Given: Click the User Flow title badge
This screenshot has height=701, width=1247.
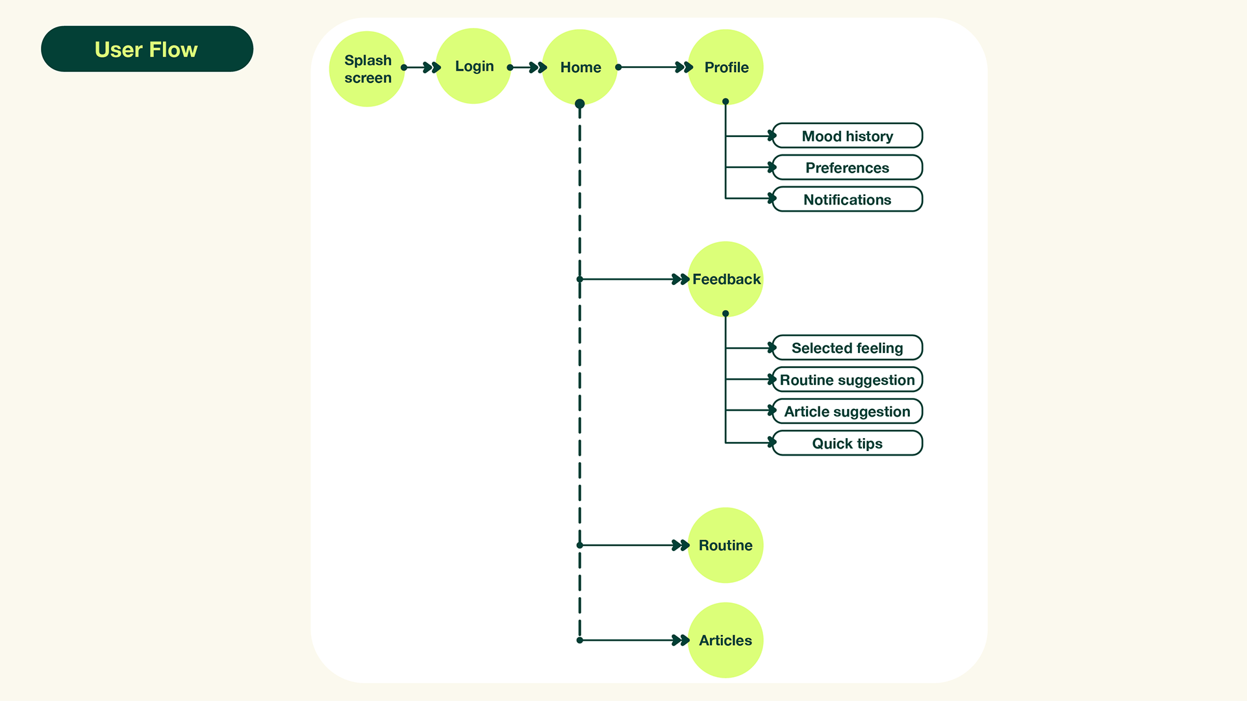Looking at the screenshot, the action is click(x=147, y=49).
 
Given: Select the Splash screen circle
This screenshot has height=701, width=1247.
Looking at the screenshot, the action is click(x=367, y=69).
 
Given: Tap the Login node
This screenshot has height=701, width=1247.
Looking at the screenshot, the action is click(x=473, y=66).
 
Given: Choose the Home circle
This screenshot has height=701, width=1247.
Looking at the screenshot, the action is click(x=580, y=67).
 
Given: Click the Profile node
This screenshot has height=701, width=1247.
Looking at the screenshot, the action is click(x=725, y=67).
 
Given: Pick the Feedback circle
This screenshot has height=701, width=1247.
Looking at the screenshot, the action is click(x=725, y=279).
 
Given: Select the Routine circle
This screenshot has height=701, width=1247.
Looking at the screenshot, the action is click(x=725, y=545).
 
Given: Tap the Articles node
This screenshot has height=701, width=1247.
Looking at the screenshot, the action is click(x=725, y=640).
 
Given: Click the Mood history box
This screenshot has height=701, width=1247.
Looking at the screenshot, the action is click(x=848, y=136).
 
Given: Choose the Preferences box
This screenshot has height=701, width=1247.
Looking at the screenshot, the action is click(x=848, y=167).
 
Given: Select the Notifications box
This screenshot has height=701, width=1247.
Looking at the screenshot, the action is click(x=848, y=199).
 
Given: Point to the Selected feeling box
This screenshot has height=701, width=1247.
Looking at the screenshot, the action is click(x=848, y=348).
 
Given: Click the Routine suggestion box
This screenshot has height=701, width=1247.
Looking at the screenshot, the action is click(x=848, y=380).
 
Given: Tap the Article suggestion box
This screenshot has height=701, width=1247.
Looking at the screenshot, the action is click(x=848, y=412).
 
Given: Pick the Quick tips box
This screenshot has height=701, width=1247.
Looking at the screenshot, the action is click(x=848, y=443).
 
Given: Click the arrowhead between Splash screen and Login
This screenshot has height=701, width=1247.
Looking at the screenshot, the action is click(x=432, y=68).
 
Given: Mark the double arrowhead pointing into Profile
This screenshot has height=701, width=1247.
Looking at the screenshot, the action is click(x=685, y=68).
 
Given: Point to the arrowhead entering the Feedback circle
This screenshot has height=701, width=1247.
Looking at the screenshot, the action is click(x=681, y=279).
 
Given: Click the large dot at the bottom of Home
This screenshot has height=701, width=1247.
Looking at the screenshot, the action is click(x=580, y=104).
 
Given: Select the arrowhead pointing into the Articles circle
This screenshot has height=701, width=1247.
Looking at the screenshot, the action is click(x=681, y=641).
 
